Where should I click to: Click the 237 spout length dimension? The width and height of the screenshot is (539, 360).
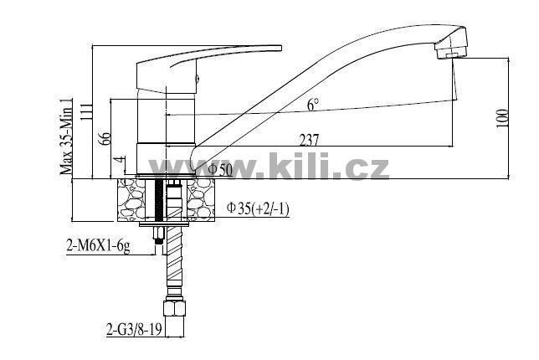click(x=309, y=141)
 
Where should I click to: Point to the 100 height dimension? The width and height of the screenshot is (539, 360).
click(x=502, y=118)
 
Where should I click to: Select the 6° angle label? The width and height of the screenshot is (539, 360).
click(x=313, y=105)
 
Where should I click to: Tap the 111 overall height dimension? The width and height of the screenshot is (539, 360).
click(x=86, y=111)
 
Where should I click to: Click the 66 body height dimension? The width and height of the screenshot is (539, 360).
click(x=105, y=139)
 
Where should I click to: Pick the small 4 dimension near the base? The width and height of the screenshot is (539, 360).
click(x=119, y=161)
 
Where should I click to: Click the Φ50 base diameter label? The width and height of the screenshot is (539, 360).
click(x=220, y=170)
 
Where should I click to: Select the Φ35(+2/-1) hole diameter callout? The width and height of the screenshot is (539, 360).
click(x=258, y=208)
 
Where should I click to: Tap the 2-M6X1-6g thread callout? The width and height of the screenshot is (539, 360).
click(x=98, y=246)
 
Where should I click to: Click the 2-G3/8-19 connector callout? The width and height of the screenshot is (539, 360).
click(x=134, y=330)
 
